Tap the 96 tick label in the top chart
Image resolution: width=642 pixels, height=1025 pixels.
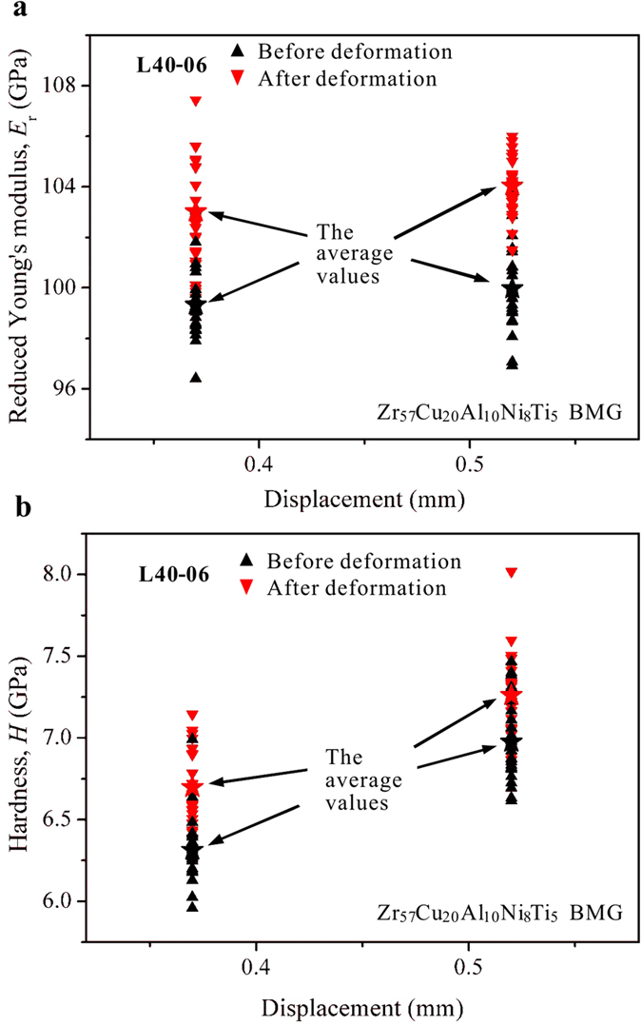(68, 388)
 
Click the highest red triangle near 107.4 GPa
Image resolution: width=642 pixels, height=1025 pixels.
(196, 101)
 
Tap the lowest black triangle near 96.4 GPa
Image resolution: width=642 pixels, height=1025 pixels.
(196, 377)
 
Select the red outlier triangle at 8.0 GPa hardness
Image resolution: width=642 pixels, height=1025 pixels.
(512, 572)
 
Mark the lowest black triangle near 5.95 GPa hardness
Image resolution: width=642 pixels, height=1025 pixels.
(192, 906)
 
